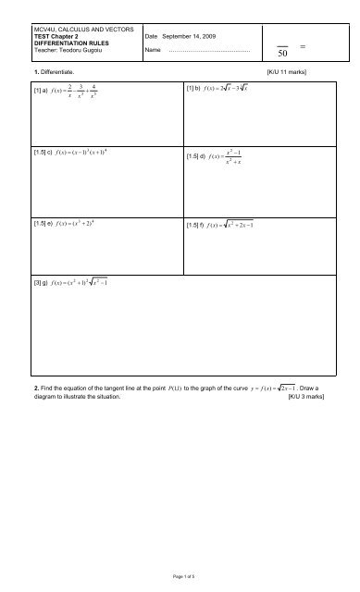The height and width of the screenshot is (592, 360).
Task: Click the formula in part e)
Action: coord(81,225)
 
